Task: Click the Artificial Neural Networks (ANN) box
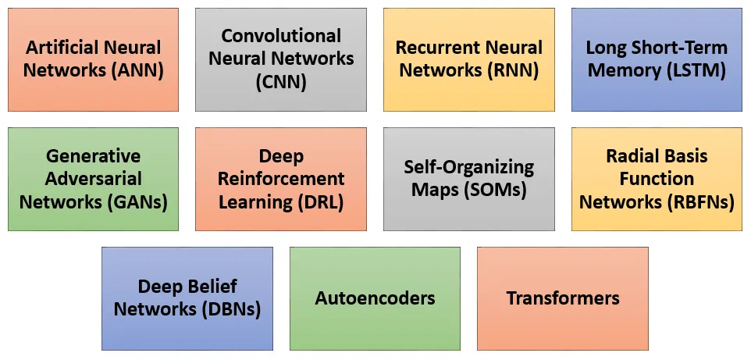point(93,59)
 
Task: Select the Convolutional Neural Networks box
point(281,59)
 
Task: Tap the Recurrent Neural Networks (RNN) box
point(468,59)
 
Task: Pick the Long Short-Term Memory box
point(657,59)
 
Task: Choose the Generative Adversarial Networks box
point(93,179)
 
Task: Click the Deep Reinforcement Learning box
point(281,179)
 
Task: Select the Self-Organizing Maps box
point(468,179)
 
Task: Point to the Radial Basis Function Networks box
point(657,179)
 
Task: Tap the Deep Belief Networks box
point(187,298)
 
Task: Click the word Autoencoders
point(375,298)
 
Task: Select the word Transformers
point(563,298)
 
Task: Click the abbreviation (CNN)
point(281,81)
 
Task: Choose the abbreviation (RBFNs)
point(700,201)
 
